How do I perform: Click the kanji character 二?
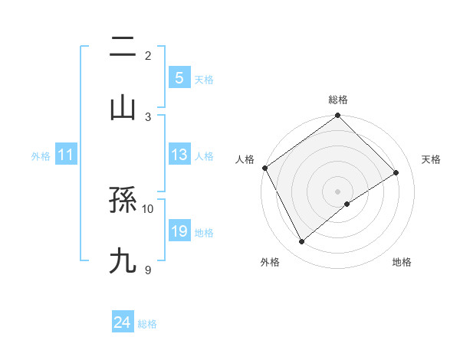[x=123, y=47]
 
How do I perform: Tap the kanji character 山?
[x=123, y=108]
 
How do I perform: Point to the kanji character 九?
[x=123, y=261]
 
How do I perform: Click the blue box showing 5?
[x=179, y=77]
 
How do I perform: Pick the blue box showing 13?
[x=179, y=155]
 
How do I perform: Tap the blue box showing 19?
[x=179, y=231]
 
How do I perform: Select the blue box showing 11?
[x=66, y=155]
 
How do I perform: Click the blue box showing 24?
[x=123, y=322]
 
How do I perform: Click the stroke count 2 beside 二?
[x=148, y=55]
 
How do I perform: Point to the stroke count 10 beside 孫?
[x=148, y=208]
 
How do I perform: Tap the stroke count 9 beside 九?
[x=148, y=269]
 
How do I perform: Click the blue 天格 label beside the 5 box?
[x=204, y=80]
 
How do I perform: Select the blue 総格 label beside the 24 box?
[x=147, y=324]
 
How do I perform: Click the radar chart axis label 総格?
[x=337, y=100]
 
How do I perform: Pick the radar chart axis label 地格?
[x=402, y=262]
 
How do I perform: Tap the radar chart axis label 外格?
[x=270, y=262]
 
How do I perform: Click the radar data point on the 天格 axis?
[x=396, y=172]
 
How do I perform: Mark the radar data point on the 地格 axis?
[x=347, y=204]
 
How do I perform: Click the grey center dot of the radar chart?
[x=337, y=191]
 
